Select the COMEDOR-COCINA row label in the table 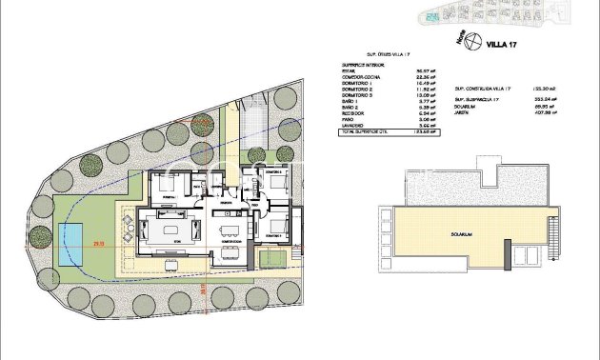362,80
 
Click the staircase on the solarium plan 528,254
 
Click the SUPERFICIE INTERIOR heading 366,66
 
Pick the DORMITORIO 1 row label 360,86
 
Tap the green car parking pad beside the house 270,256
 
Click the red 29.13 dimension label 98,246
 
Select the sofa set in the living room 173,232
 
